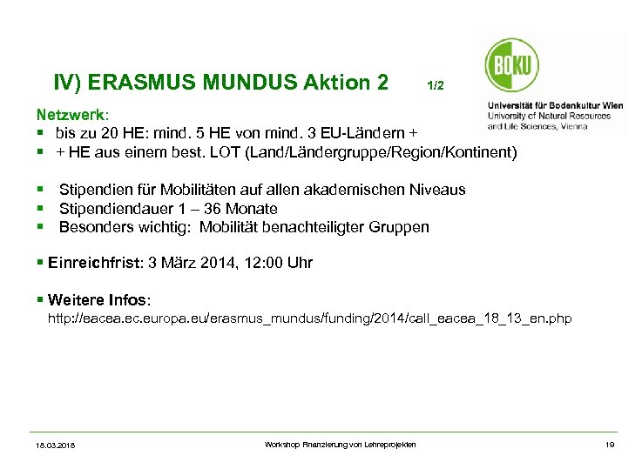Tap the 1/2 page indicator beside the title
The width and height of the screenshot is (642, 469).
click(436, 86)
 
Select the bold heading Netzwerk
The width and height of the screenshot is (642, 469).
click(72, 115)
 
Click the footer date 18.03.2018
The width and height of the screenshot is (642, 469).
click(56, 446)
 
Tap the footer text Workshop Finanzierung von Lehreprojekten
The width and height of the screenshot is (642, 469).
click(340, 445)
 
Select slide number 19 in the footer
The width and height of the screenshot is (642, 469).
click(610, 445)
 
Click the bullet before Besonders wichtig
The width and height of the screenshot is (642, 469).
click(40, 228)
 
